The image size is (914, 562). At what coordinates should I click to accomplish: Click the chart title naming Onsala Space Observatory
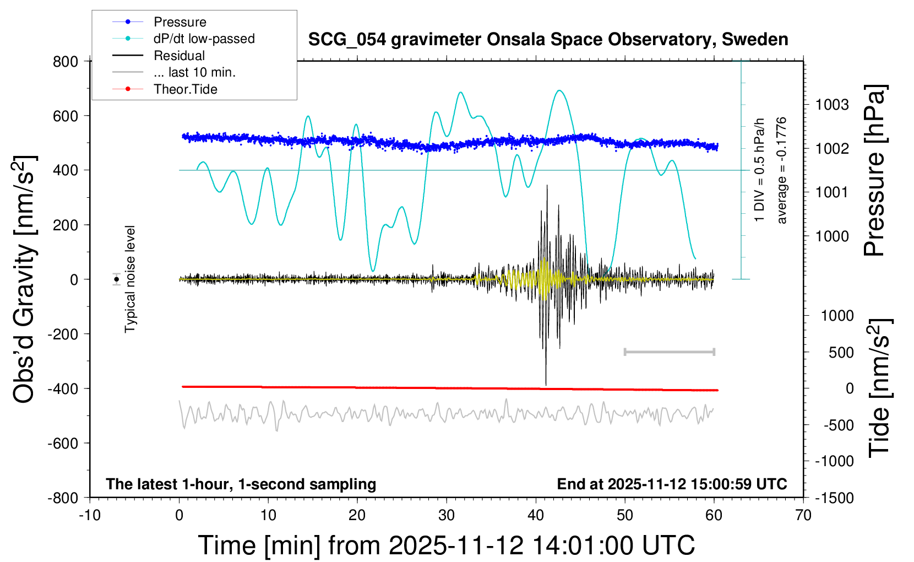click(548, 40)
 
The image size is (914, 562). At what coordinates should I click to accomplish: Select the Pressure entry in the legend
click(180, 22)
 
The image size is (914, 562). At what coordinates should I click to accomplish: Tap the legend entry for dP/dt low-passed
click(204, 39)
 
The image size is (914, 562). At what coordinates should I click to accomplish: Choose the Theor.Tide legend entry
click(186, 89)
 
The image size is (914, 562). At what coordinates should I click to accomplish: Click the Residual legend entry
click(179, 56)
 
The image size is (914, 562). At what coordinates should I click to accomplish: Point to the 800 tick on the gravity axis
click(66, 62)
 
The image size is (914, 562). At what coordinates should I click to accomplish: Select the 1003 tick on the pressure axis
click(832, 105)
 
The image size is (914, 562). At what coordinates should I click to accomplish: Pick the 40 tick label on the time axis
click(536, 516)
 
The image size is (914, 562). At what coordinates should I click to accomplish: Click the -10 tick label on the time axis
click(90, 516)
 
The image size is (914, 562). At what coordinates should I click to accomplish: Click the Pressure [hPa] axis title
click(874, 171)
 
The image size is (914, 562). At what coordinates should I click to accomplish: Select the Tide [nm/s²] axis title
click(879, 387)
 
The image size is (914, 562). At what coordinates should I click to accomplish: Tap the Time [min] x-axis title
click(446, 545)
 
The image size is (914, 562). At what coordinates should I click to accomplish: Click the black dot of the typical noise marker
click(116, 279)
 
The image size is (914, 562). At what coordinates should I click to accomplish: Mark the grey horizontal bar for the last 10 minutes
click(669, 352)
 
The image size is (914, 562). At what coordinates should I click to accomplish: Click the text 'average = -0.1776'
click(781, 171)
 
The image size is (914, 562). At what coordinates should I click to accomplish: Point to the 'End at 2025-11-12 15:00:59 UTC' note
click(672, 484)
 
